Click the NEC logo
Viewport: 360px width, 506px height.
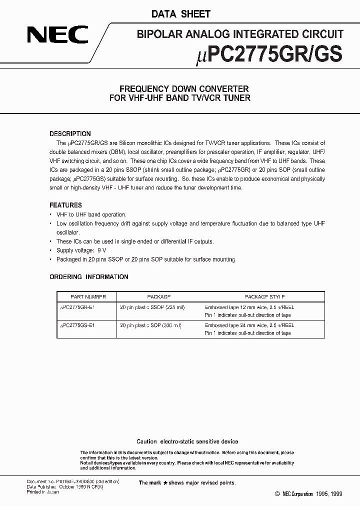coord(58,35)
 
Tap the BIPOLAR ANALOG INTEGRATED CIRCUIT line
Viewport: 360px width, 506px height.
coord(240,34)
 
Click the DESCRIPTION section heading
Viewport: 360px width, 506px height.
coord(70,133)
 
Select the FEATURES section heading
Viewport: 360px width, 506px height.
coord(65,205)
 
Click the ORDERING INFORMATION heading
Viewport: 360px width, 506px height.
coord(89,276)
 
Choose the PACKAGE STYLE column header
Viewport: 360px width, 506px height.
coord(264,296)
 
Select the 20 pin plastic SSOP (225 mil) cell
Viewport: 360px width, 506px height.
coord(152,307)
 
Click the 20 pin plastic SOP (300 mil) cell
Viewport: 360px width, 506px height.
coord(150,325)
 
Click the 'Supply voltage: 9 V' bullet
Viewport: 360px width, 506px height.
coord(81,250)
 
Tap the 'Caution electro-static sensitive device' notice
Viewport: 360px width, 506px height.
coord(187,441)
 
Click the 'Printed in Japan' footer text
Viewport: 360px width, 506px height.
coord(42,491)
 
